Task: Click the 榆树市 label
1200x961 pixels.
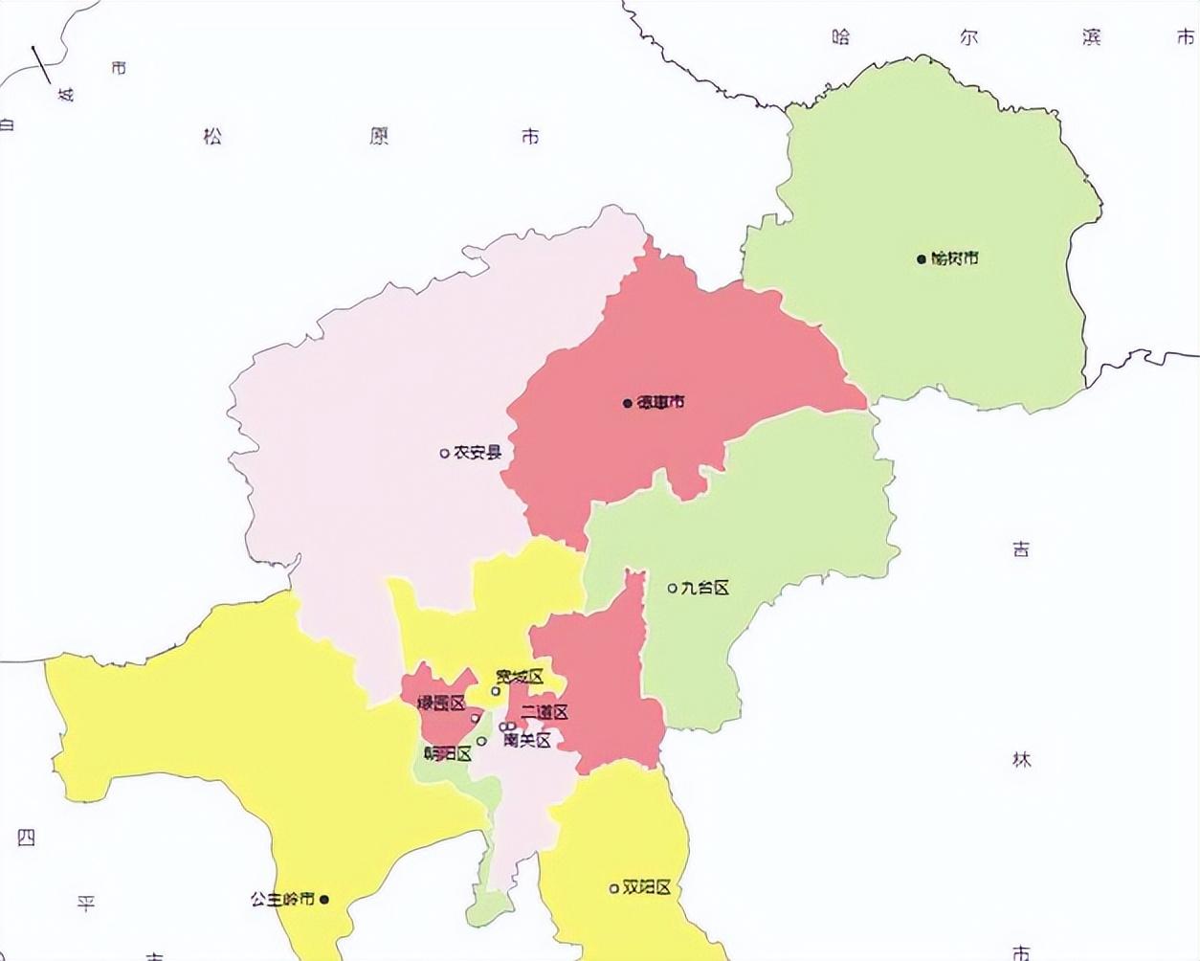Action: (955, 258)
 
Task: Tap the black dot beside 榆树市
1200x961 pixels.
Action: (922, 258)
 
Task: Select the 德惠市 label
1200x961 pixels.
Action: (661, 402)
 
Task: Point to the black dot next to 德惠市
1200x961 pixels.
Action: (628, 403)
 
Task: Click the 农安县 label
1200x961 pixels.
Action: (478, 452)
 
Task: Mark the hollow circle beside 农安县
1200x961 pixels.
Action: (444, 453)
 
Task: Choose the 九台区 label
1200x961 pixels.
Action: (705, 588)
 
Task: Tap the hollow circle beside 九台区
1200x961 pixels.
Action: (672, 588)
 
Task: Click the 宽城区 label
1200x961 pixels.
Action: (521, 678)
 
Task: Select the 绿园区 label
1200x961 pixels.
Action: (441, 704)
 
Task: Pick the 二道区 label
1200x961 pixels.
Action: (544, 712)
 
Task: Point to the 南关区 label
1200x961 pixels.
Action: (527, 740)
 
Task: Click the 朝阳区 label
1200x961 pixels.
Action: (448, 753)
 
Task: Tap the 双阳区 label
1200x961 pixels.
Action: (647, 887)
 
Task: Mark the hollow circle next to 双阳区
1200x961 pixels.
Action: (613, 888)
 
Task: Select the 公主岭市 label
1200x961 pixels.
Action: (282, 900)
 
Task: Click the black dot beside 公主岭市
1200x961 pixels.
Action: (324, 900)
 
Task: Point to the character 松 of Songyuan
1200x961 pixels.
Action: (212, 136)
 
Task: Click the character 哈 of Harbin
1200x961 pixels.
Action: (841, 37)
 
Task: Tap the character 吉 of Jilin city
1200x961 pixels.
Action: (1021, 549)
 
